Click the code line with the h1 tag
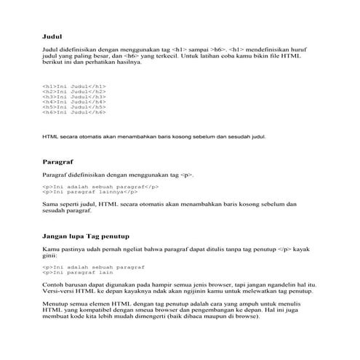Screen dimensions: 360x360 coord(74,86)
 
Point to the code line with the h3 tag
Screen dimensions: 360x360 coord(74,97)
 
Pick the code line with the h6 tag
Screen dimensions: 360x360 coord(74,113)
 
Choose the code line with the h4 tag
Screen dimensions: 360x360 coord(74,102)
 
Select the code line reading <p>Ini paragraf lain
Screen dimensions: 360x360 coord(83,273)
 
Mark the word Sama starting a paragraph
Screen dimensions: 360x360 coord(50,205)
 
